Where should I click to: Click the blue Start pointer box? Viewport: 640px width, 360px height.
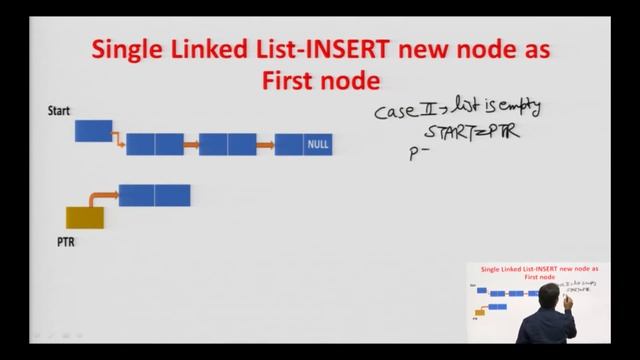tap(93, 130)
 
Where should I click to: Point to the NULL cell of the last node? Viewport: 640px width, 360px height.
tap(317, 145)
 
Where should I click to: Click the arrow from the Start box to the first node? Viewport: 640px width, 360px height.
tap(117, 140)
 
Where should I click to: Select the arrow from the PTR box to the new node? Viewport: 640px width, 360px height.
tap(98, 198)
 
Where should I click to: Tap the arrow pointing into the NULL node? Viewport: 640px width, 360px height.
tap(265, 145)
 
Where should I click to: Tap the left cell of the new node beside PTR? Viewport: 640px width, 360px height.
tap(137, 195)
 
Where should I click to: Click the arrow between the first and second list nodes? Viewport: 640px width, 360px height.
tap(191, 145)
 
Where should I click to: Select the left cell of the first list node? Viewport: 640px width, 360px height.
tap(141, 145)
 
